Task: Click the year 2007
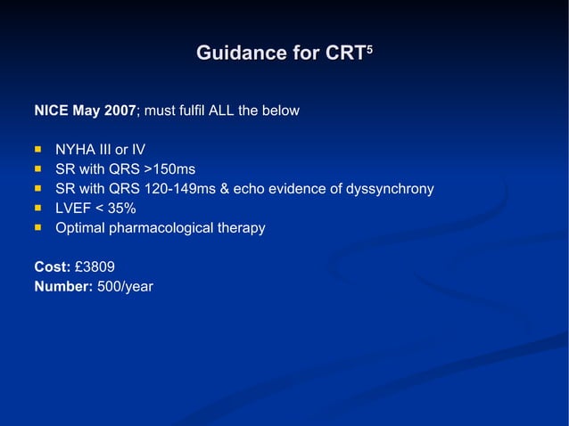(x=120, y=111)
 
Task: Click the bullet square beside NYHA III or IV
(x=38, y=149)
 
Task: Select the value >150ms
(x=169, y=168)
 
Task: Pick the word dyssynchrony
(x=389, y=189)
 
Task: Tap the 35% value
(x=121, y=209)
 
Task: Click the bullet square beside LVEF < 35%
(x=38, y=209)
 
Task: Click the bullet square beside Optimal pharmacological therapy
(x=38, y=228)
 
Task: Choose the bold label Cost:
(x=51, y=266)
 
